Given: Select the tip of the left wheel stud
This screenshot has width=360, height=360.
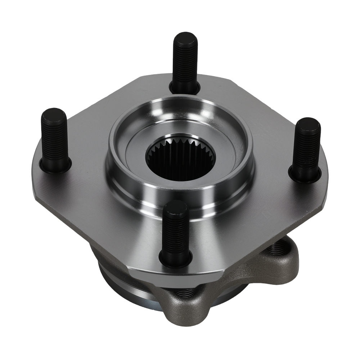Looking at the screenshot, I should click(x=53, y=114).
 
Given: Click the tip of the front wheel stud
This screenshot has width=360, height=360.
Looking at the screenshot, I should click(x=175, y=207).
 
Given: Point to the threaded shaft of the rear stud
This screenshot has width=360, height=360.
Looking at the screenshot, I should click(x=185, y=61).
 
